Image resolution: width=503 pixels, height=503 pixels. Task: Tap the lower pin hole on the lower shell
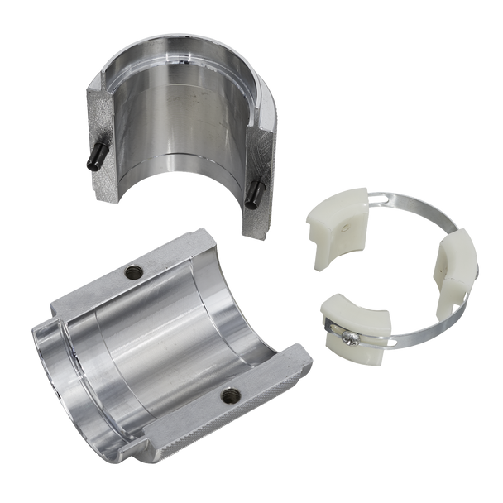click(231, 394)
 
